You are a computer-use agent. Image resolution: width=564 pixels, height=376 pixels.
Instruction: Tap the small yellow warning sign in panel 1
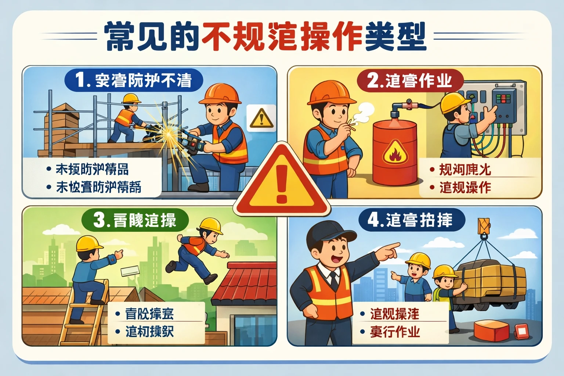pos(261,119)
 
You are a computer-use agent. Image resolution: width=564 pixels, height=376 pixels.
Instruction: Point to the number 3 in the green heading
pos(99,220)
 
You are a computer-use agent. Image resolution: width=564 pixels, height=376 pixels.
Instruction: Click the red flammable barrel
pos(395,152)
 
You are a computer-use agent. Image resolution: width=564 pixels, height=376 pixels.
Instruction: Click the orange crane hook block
pos(484,226)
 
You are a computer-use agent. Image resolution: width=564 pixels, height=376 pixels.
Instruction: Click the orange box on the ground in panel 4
pos(492,330)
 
